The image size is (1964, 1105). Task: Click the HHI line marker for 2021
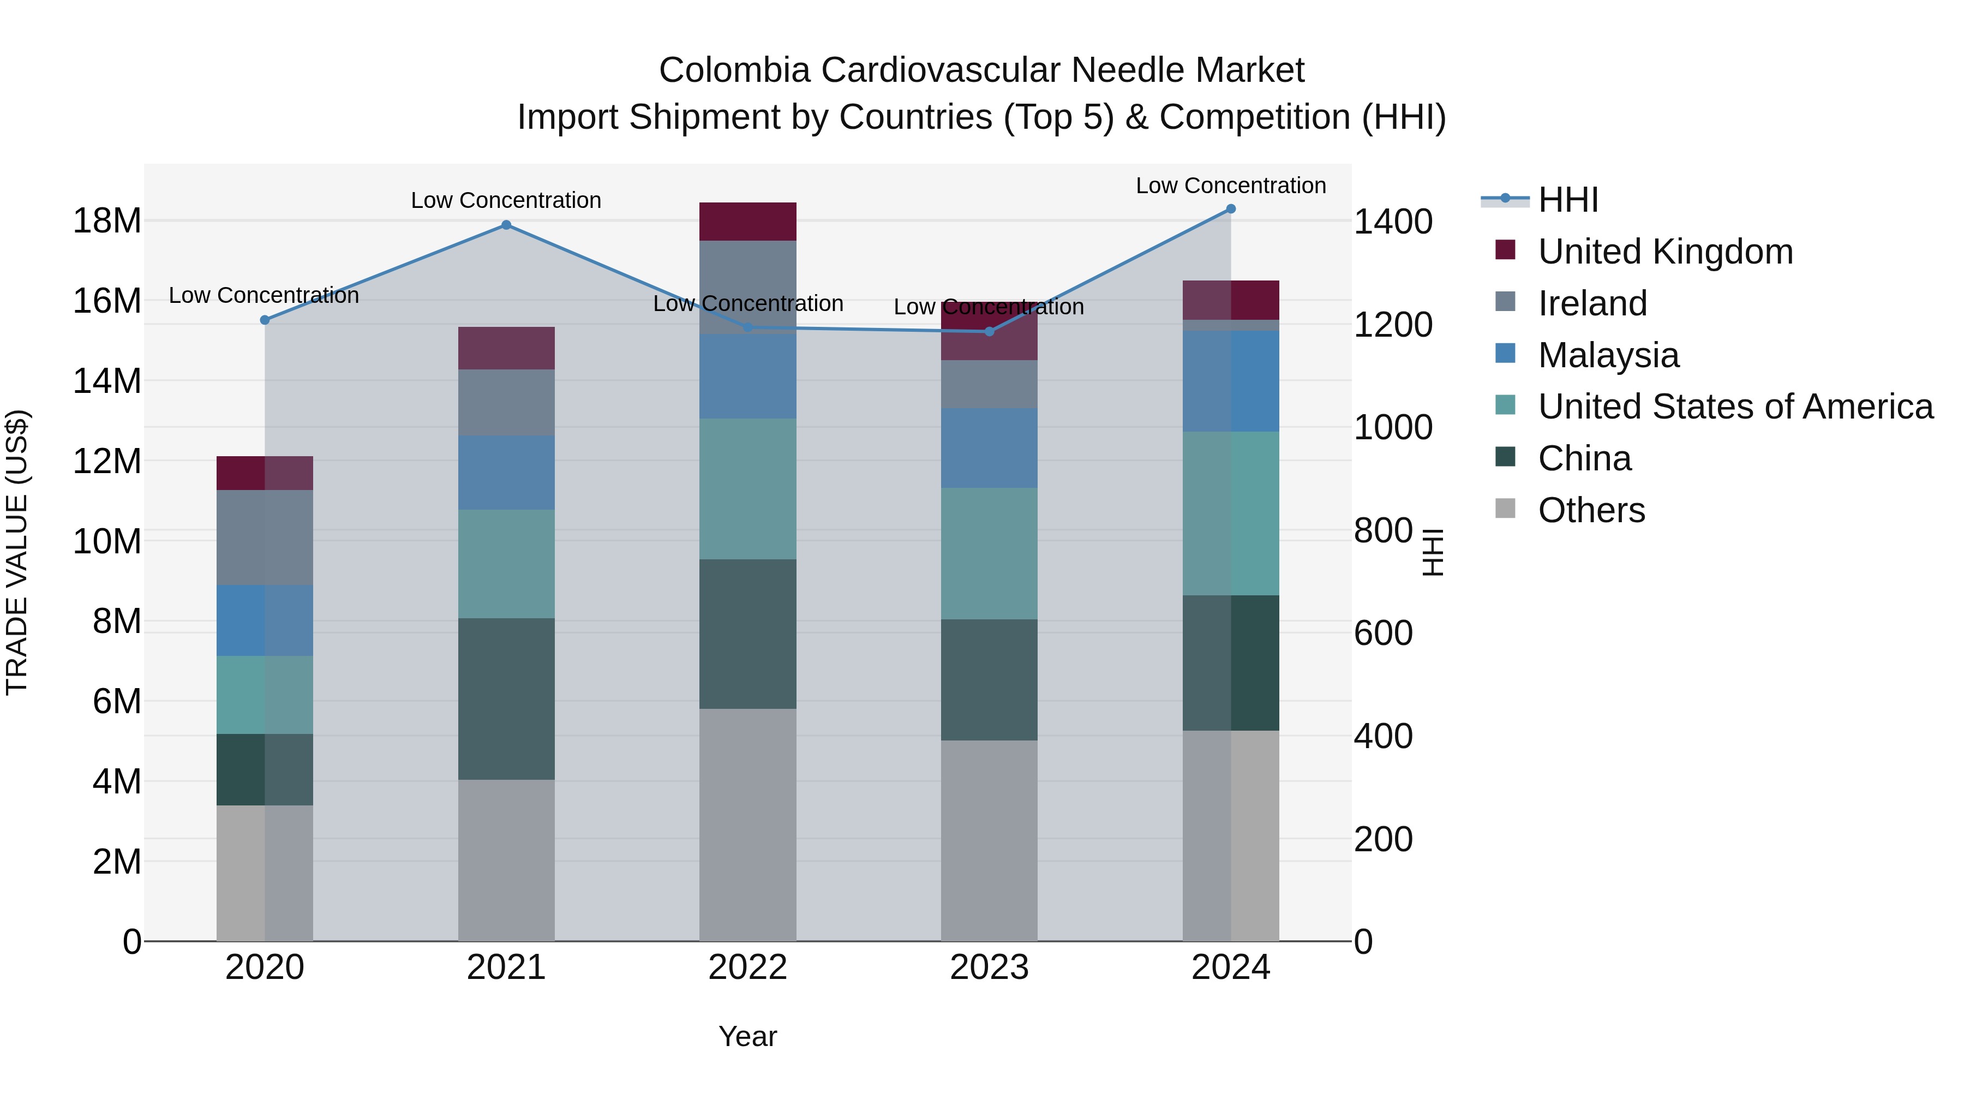[x=506, y=225]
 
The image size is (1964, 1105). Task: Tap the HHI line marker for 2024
[x=1231, y=209]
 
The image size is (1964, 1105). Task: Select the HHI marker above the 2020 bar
[x=265, y=320]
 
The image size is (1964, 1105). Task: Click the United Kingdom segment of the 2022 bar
[x=747, y=221]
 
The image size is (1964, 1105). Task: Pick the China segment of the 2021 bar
[x=506, y=698]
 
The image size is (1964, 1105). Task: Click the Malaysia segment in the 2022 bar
[x=747, y=376]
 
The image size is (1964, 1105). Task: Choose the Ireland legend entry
[x=1592, y=303]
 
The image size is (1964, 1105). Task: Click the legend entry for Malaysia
[x=1608, y=355]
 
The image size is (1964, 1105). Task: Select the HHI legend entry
[x=1567, y=200]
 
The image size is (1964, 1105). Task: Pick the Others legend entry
[x=1591, y=510]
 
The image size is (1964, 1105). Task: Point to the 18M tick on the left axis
[x=107, y=221]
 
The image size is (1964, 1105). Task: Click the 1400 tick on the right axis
[x=1392, y=222]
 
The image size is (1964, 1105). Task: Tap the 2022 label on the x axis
[x=747, y=967]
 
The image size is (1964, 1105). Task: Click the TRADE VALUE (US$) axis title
[x=17, y=552]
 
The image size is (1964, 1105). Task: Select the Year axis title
[x=747, y=1036]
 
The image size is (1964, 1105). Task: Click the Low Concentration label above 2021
[x=506, y=201]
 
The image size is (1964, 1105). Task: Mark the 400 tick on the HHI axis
[x=1383, y=737]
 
